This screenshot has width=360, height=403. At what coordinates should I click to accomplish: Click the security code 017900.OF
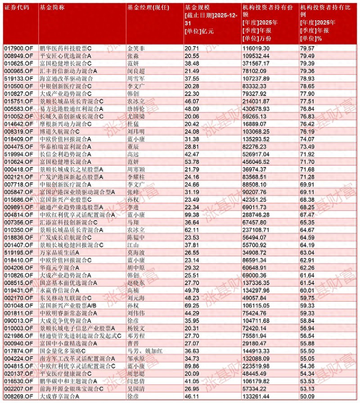click(x=18, y=48)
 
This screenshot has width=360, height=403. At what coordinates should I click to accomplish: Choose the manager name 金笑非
click(x=137, y=48)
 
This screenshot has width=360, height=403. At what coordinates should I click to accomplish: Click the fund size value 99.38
click(x=192, y=215)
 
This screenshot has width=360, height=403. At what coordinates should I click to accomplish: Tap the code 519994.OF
click(x=18, y=154)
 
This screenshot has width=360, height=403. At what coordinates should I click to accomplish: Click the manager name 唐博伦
click(x=137, y=109)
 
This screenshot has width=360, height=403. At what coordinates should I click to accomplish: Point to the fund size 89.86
click(x=192, y=366)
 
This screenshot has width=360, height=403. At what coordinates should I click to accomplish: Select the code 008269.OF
click(x=18, y=396)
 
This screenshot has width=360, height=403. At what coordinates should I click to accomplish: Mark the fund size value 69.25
click(x=192, y=305)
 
